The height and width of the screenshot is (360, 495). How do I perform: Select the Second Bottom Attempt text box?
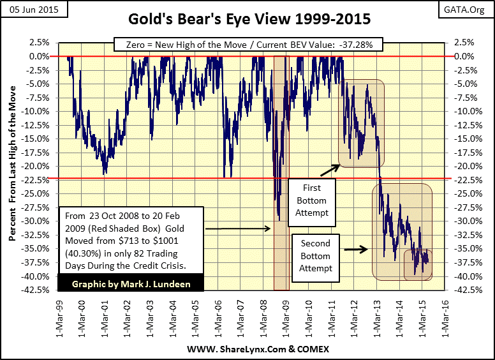(316, 257)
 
